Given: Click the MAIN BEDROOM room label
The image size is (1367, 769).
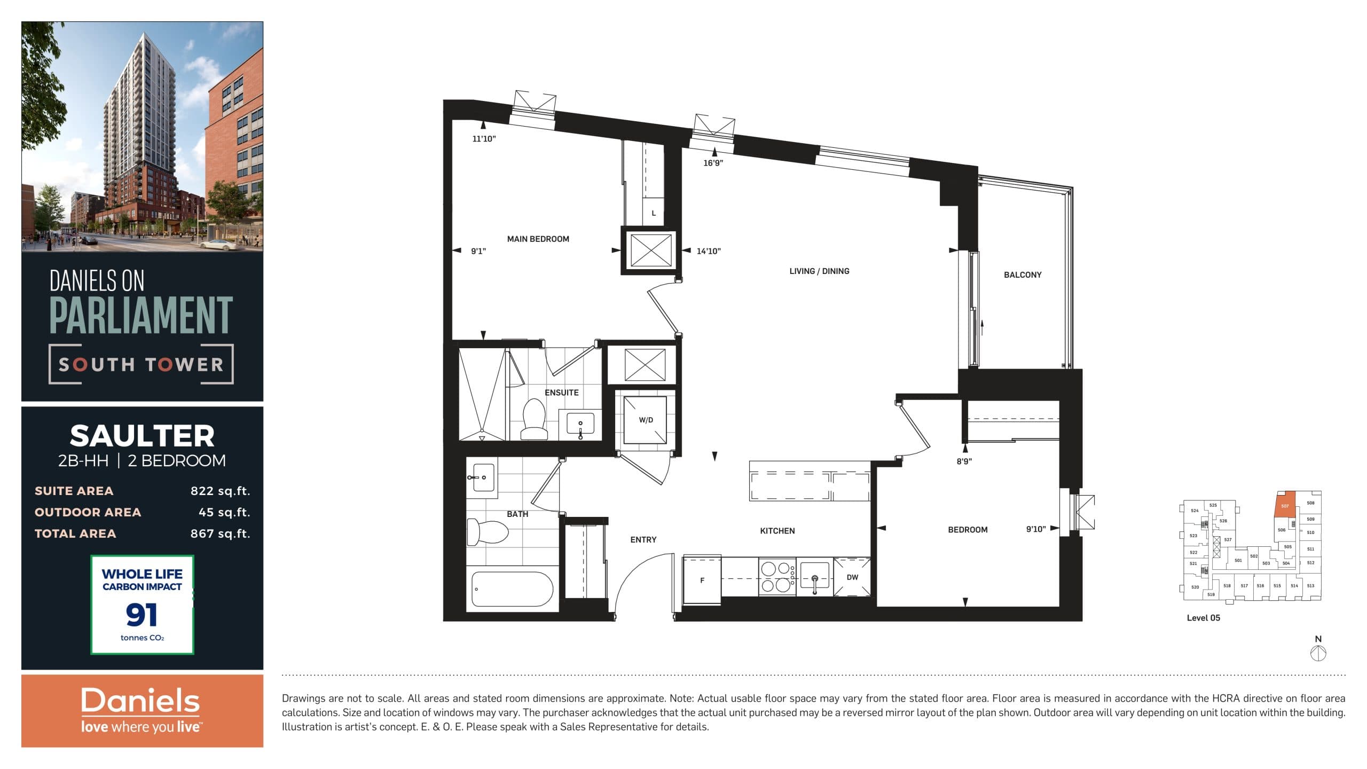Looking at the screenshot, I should pyautogui.click(x=538, y=239).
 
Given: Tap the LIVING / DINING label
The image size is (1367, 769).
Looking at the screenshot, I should pyautogui.click(x=819, y=271).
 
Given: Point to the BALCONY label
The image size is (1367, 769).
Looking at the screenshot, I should pyautogui.click(x=1022, y=274).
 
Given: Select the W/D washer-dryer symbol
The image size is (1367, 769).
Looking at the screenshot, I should pyautogui.click(x=646, y=420).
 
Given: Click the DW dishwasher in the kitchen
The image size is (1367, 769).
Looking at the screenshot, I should pyautogui.click(x=852, y=577).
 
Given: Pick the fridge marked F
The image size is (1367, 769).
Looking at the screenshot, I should pyautogui.click(x=702, y=580).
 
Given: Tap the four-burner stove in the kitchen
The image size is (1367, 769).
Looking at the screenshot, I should pyautogui.click(x=776, y=577).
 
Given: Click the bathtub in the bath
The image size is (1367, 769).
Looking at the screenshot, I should pyautogui.click(x=512, y=589).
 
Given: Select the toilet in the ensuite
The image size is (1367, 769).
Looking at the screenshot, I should pyautogui.click(x=533, y=419).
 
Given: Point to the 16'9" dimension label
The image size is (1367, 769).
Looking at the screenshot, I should pyautogui.click(x=713, y=163).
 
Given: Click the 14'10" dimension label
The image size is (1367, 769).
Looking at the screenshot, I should pyautogui.click(x=709, y=251).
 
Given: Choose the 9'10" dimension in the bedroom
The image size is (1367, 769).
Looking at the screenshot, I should pyautogui.click(x=1035, y=529).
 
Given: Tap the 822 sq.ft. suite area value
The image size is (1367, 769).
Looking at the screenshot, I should pyautogui.click(x=220, y=491).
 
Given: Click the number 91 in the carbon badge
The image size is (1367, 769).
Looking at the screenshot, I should pyautogui.click(x=142, y=615).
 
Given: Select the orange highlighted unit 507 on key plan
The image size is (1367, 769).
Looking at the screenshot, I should pyautogui.click(x=1284, y=505).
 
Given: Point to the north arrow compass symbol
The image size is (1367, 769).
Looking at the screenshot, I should pyautogui.click(x=1318, y=653).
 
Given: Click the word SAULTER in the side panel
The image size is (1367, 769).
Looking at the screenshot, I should pyautogui.click(x=142, y=436).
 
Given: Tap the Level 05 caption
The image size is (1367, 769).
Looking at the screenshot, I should pyautogui.click(x=1203, y=618).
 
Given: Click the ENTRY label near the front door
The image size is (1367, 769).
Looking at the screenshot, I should pyautogui.click(x=643, y=540).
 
